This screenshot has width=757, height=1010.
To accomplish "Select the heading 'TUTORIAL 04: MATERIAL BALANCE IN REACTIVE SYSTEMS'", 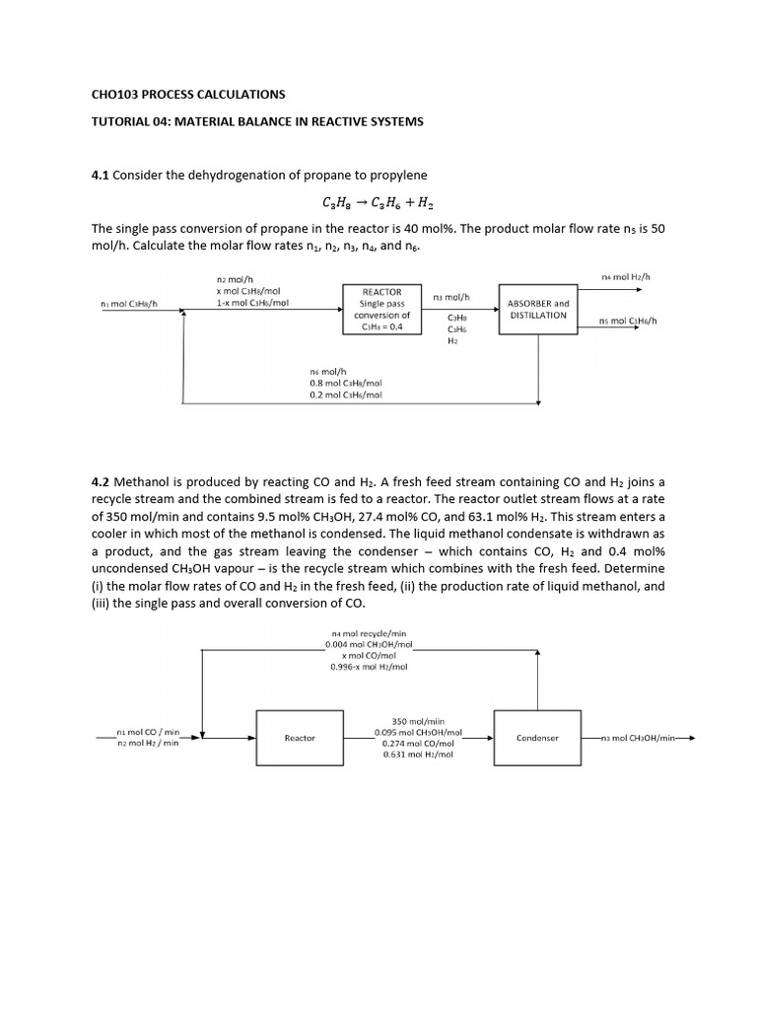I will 256,121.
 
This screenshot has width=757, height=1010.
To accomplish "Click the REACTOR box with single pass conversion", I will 381,309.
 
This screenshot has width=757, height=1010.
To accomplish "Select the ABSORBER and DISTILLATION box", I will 538,309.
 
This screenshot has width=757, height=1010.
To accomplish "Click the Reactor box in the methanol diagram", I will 300,737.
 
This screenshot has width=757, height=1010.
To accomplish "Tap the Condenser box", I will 537,737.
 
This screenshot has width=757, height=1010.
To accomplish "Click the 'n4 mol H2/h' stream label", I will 626,277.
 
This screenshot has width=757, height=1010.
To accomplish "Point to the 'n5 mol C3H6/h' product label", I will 628,321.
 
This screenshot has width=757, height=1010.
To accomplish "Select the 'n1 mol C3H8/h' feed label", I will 129,304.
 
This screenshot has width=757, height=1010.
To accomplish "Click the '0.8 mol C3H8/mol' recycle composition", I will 345,383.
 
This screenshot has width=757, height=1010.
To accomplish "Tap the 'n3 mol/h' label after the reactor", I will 451,296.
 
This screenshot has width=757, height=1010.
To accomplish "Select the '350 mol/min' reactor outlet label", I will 414,721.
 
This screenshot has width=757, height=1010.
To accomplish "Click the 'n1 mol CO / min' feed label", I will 148,732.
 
